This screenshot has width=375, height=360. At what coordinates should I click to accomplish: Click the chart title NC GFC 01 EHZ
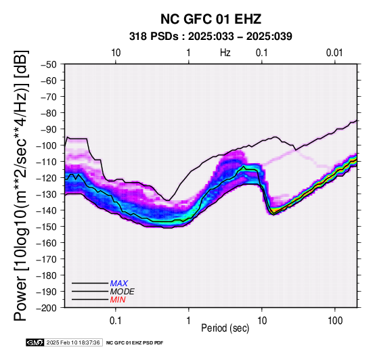coord(211,19)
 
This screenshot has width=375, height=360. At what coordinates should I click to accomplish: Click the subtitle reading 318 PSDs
coord(154,37)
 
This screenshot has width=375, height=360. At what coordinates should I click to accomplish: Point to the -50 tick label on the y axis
coord(49,64)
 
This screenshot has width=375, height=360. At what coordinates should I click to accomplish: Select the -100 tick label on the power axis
coord(47,145)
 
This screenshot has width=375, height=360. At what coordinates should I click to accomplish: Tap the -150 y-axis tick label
coord(47,227)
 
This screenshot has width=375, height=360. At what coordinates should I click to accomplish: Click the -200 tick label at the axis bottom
coord(47,308)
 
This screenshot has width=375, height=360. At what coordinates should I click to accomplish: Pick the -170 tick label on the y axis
coord(47,259)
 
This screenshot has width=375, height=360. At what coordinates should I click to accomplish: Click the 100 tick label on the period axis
coord(335,321)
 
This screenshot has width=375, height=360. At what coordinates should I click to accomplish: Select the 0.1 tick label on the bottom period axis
coord(116,321)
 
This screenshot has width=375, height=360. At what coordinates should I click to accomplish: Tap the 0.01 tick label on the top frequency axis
coord(334,53)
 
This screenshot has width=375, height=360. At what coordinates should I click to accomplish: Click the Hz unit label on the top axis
coord(225,53)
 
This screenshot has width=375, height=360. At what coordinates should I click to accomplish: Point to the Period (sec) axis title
coord(225,328)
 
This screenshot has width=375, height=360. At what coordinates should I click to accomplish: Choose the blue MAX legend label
coord(119,284)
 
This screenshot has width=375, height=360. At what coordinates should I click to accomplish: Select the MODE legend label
coord(123,292)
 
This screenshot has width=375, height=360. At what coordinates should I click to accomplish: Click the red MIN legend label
coord(118,300)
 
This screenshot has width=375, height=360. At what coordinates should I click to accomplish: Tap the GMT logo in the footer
coord(35,342)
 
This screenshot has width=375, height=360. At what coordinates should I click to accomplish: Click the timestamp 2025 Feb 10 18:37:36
coord(73,342)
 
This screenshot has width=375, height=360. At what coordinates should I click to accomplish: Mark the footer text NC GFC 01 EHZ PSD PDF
coord(135,343)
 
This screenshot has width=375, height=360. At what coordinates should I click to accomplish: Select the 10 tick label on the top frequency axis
coord(116,53)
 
